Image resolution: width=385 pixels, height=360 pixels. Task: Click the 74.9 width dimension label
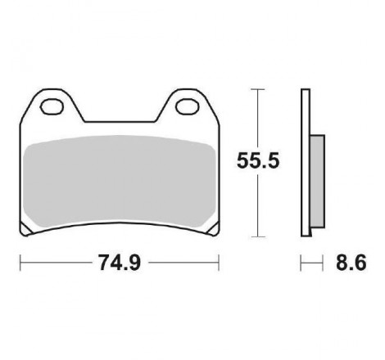click(120, 263)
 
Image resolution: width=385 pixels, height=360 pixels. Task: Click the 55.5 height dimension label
click(258, 161)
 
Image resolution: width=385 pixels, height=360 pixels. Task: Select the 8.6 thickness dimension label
click(351, 263)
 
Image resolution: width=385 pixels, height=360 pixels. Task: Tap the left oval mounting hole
click(52, 106)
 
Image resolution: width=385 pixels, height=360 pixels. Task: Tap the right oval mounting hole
click(188, 106)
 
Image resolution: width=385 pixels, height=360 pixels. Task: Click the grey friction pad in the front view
click(120, 182)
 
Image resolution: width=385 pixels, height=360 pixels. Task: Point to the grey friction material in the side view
click(317, 181)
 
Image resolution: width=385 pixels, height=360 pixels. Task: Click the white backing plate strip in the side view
click(306, 163)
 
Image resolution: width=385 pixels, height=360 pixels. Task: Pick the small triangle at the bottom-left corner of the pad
click(26, 229)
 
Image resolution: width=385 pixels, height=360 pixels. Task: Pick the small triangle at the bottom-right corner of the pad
click(213, 229)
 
